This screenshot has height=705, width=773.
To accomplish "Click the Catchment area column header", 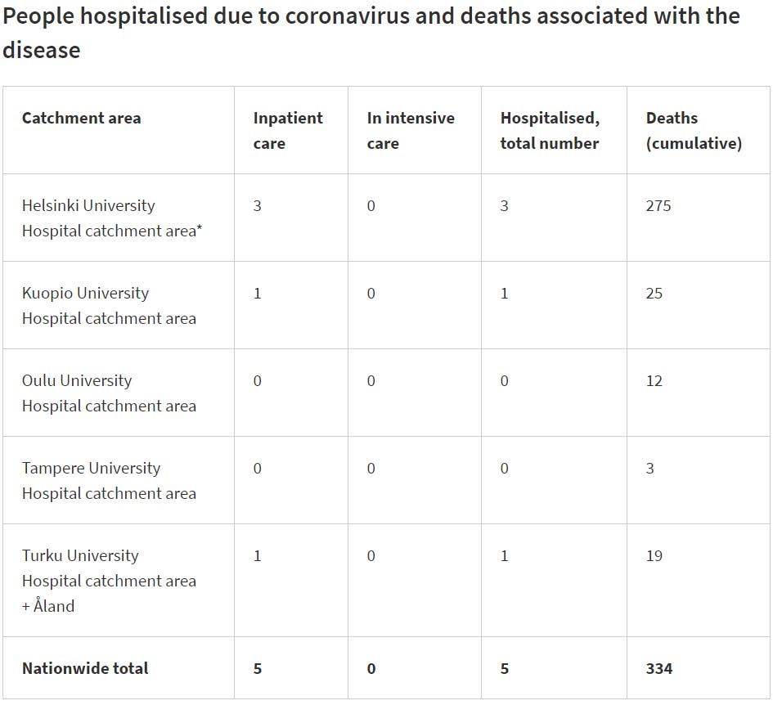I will (81, 118).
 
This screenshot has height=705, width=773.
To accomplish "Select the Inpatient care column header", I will (287, 130).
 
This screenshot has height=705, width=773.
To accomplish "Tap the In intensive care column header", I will (410, 130).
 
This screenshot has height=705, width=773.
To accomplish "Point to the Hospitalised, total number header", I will (549, 130).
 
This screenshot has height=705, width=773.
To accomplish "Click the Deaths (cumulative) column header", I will (693, 130).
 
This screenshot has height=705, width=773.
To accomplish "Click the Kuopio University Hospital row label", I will (109, 306).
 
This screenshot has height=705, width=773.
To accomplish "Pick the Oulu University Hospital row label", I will (109, 393).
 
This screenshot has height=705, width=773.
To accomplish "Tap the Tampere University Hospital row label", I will (109, 481).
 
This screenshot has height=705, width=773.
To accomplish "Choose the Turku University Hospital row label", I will (109, 580).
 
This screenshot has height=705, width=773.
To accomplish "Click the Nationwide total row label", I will (85, 668).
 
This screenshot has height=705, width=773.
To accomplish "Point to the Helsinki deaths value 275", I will (658, 206).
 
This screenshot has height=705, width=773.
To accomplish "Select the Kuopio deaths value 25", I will (654, 294).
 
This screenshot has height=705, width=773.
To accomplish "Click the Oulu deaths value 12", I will (654, 381).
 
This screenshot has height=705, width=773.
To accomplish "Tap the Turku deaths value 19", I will (654, 556).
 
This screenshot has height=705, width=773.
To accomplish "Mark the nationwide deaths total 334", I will (658, 668).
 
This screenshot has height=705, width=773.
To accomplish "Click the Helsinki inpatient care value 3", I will (257, 206).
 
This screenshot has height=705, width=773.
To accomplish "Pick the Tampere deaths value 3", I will (649, 469).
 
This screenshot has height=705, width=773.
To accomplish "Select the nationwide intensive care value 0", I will (371, 668).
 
